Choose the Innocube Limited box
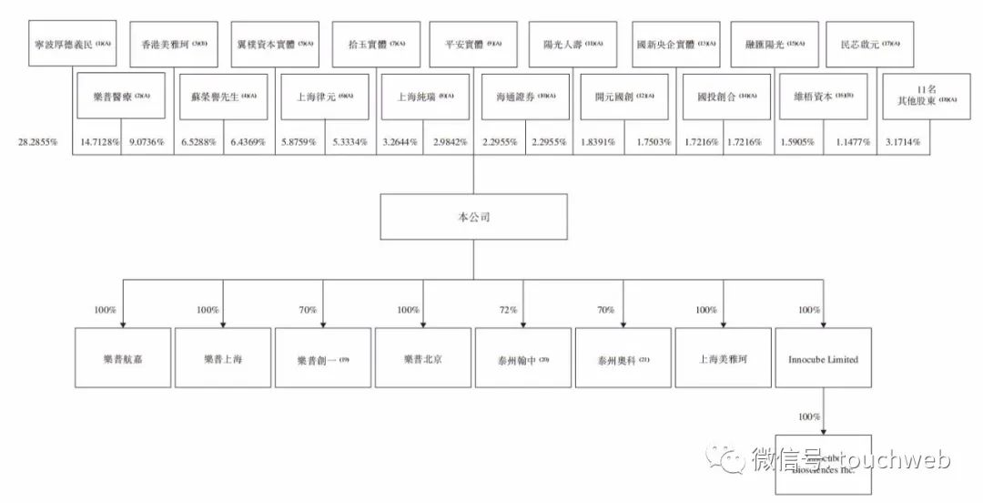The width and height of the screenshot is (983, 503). pyautogui.click(x=823, y=359)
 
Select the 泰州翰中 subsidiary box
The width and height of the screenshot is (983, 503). pyautogui.click(x=523, y=359)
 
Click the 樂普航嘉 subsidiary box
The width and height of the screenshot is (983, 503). pyautogui.click(x=123, y=359)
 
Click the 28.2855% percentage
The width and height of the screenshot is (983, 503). pyautogui.click(x=37, y=143)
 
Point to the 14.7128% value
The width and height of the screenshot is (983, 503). pyautogui.click(x=100, y=143)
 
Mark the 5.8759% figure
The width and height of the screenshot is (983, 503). pyautogui.click(x=297, y=143)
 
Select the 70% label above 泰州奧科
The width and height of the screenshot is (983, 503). pyautogui.click(x=606, y=310)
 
